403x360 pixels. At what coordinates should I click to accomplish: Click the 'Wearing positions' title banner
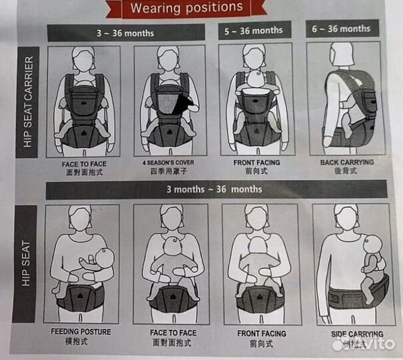point(187,8)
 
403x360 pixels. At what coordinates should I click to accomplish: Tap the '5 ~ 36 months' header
point(254,31)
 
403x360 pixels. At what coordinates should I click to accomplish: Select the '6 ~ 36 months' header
point(341,29)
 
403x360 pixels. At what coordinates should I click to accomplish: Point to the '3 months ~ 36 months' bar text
point(214,189)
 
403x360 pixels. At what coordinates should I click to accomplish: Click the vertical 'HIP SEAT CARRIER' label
point(28,102)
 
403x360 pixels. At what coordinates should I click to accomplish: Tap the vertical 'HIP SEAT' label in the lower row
point(26,263)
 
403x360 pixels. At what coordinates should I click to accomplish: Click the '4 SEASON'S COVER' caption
point(169,163)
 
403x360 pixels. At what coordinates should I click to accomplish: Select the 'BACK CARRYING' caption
point(347,162)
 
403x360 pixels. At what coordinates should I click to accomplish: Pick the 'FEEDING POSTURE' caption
point(81,332)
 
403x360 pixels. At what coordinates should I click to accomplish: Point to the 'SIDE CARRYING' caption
point(357,334)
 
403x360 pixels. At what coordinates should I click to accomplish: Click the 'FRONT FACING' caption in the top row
point(256,163)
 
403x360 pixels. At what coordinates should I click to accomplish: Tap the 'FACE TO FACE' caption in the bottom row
point(173,333)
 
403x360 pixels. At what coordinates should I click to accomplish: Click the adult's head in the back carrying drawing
point(342,55)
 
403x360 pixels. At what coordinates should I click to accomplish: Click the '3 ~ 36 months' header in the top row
point(125,33)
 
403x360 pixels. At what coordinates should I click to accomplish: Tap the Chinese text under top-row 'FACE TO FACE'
point(85,172)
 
